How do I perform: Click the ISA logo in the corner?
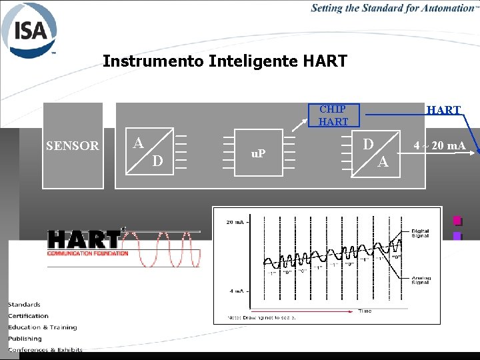coord(31,31)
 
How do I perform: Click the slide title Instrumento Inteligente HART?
coord(225,62)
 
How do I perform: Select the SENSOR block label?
coord(72,146)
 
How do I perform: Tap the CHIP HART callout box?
coord(333,115)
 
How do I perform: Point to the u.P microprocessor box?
coord(259,153)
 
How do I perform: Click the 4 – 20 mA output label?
coord(439,145)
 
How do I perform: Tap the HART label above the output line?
coord(443,110)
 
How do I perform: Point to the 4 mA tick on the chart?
coord(237,291)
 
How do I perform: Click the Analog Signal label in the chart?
coord(420,281)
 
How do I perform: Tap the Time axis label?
coord(365,311)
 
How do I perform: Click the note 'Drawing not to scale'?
coord(261,317)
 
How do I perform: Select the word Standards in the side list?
coord(24,305)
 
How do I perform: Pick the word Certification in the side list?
coord(28,316)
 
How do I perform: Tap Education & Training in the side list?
coord(42,327)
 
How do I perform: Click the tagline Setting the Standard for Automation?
coord(393,8)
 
